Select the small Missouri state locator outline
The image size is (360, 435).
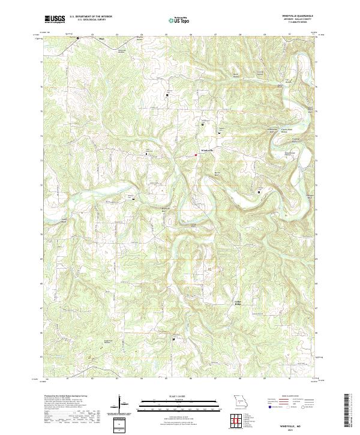pos(241,399)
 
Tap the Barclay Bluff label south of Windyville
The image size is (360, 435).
pos(218,175)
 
